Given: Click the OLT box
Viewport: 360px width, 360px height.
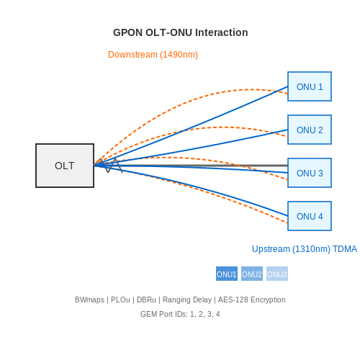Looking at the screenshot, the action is coord(65,166).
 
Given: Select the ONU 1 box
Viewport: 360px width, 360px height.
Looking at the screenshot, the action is coord(310,86).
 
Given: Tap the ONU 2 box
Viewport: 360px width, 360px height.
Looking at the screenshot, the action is coord(310,130).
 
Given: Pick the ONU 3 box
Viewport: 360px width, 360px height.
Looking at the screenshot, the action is coord(310,173).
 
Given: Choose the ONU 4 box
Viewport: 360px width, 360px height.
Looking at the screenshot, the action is coord(310,216).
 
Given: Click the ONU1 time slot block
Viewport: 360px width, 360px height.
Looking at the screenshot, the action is coord(227,274).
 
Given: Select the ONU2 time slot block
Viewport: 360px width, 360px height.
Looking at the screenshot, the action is coord(252,274).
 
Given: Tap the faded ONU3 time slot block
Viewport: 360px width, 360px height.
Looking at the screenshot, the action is coord(277,274).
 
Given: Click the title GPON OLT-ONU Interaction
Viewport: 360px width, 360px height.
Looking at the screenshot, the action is coord(181,32).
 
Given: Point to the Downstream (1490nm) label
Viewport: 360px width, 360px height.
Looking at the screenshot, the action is coord(153,55).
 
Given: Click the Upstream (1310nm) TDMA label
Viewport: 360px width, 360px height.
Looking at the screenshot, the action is coord(305,249).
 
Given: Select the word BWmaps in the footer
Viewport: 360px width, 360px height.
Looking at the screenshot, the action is coord(89,300).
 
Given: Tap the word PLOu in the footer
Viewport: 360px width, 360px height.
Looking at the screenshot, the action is coord(120,300).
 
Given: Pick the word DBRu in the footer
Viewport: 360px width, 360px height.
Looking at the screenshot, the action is coord(146,300).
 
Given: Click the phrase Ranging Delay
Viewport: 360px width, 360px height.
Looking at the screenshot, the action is coord(187,300).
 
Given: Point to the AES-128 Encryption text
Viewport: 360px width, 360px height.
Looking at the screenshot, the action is coord(252,300).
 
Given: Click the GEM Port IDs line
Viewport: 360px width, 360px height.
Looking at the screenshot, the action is coord(180,314).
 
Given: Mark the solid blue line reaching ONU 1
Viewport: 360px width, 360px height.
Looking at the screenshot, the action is coord(191,126).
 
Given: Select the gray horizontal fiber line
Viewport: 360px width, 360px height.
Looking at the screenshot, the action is coord(191,166).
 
